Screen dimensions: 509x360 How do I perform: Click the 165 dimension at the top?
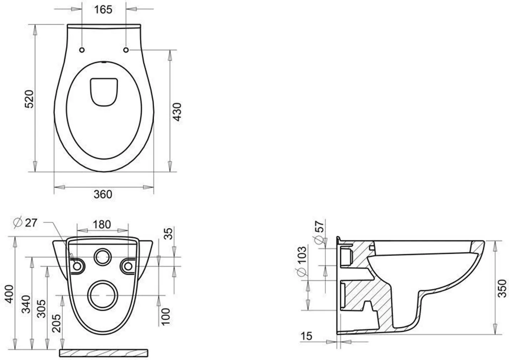tap(103, 10)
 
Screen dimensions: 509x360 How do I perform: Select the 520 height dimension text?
tap(29, 99)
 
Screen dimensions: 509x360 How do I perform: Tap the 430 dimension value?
tap(177, 112)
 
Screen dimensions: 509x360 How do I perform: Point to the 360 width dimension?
tap(103, 194)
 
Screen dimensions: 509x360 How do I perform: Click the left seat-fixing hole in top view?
tap(82, 50)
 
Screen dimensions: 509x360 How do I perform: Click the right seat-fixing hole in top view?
tap(126, 50)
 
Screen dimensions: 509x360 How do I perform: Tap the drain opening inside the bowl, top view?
tap(104, 92)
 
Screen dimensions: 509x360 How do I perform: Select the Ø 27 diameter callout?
tap(25, 222)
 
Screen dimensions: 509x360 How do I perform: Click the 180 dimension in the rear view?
tap(102, 225)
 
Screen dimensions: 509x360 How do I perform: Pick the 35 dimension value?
tap(168, 234)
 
